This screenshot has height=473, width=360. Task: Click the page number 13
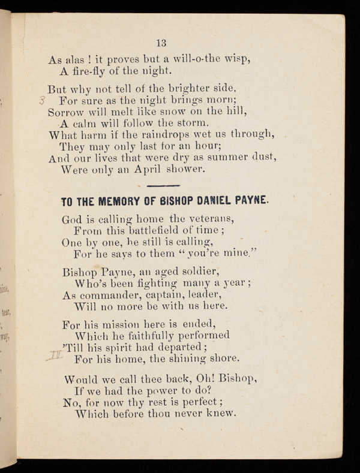[161, 43]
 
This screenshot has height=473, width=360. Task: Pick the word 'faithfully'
[154, 335]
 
